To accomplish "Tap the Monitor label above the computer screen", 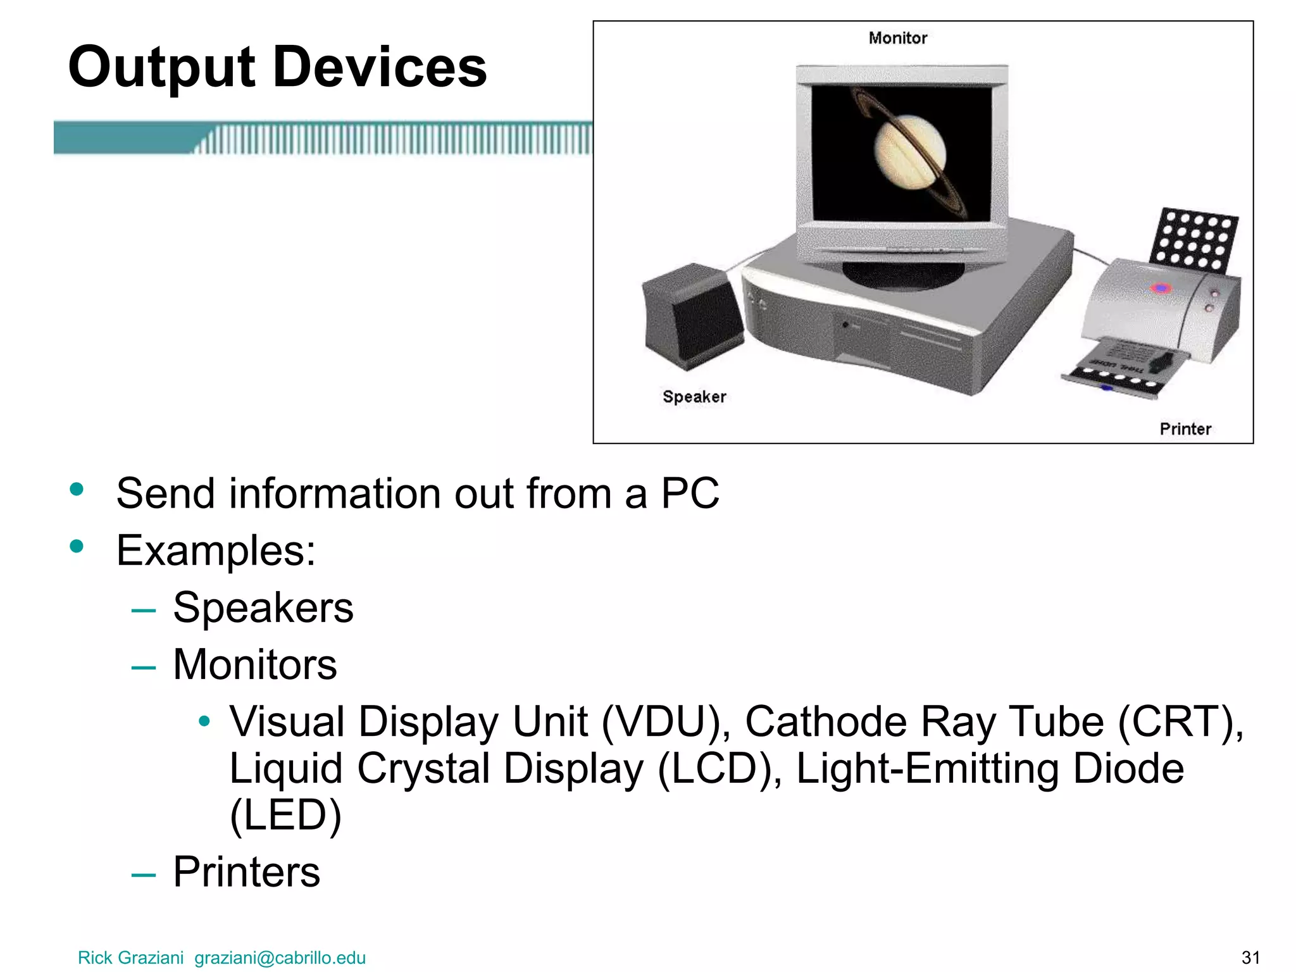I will [897, 38].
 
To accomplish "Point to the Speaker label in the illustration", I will [694, 397].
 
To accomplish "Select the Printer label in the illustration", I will [1185, 429].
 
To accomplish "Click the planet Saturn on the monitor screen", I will [910, 153].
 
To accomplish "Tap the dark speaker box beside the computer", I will [692, 316].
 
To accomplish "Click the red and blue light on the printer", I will [1161, 289].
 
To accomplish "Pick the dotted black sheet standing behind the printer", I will [1193, 239].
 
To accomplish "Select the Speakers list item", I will [263, 607].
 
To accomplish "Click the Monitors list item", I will [254, 664].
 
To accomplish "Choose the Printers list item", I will [246, 872].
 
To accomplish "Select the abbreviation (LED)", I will [285, 815].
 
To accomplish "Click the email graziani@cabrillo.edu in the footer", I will [280, 957].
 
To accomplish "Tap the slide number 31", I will [1250, 957].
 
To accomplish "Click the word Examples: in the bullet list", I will [216, 551].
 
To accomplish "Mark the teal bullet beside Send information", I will [77, 489].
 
